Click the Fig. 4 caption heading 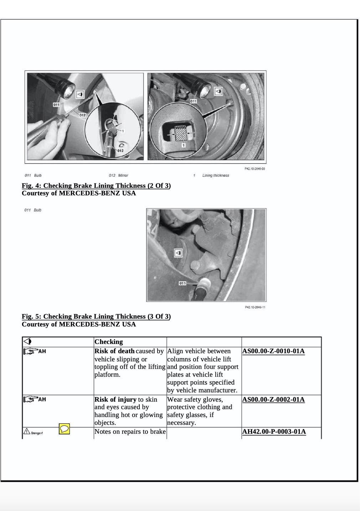[96, 186]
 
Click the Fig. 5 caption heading [96, 316]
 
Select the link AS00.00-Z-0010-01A [273, 351]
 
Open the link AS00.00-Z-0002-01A [273, 399]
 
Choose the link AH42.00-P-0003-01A [274, 432]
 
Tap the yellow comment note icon [64, 429]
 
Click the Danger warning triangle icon [27, 432]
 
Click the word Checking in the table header [108, 342]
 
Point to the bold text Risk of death [114, 351]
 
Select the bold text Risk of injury [115, 399]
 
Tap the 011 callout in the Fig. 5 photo [182, 283]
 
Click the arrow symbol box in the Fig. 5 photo [178, 253]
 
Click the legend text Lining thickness [216, 175]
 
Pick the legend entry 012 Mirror [118, 175]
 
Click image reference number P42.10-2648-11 [255, 307]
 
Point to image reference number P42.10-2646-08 [255, 169]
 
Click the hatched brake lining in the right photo [181, 133]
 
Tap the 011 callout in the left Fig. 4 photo [56, 104]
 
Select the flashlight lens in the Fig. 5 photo [205, 284]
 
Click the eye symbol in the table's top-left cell [27, 341]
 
